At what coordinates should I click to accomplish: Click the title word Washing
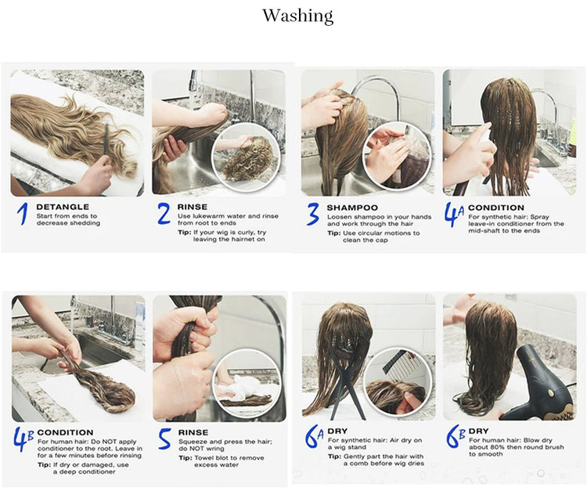(297, 16)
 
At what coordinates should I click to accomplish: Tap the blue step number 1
(23, 215)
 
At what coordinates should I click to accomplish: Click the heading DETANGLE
(63, 207)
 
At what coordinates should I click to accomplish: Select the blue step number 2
(164, 214)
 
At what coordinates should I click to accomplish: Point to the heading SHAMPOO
(352, 208)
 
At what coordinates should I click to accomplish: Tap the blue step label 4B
(23, 439)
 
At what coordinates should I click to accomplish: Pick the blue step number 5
(164, 439)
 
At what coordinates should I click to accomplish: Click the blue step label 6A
(314, 437)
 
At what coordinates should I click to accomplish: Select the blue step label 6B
(456, 437)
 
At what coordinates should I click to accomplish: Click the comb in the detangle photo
(106, 144)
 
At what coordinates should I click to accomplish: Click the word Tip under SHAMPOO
(333, 233)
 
